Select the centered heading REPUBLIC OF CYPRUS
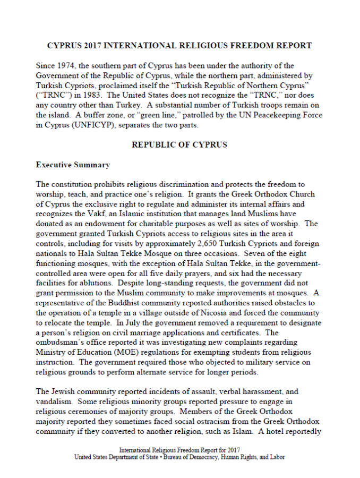click(x=179, y=144)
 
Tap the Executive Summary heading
click(x=73, y=165)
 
